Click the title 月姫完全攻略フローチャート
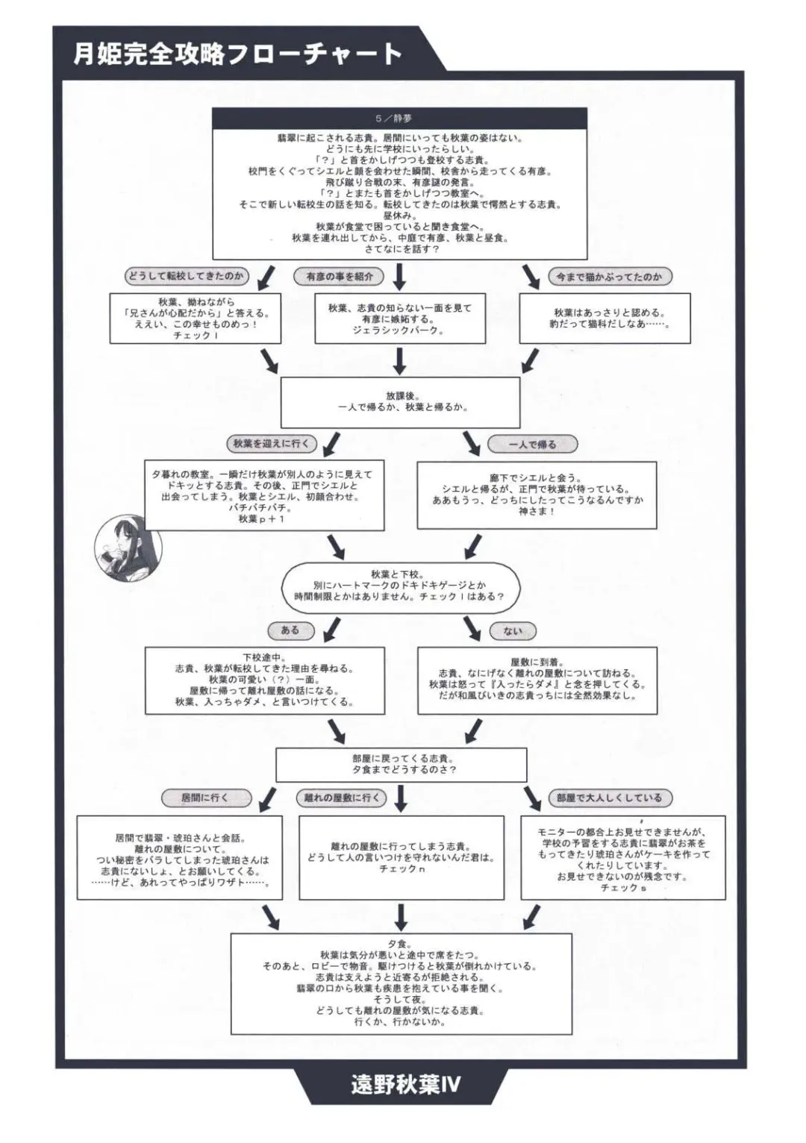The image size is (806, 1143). point(237,54)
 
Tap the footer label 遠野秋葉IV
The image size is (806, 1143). point(405,1084)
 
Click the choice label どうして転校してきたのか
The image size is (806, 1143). point(186,276)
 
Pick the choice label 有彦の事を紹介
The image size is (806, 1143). point(340,277)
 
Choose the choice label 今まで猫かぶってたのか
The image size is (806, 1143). point(609,277)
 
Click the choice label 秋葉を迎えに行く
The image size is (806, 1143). point(271,443)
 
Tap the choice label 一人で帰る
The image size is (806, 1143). point(532,445)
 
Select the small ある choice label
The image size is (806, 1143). point(290,630)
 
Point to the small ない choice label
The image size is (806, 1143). point(513,631)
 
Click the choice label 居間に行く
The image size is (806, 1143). point(204,798)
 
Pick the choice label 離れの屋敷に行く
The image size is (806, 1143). point(342,798)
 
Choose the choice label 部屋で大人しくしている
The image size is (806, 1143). point(609,798)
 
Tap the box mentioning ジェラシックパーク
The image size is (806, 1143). point(399,319)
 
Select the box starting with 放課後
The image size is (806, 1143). point(399,402)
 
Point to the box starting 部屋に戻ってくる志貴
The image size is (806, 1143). point(401,764)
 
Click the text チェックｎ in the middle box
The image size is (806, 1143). point(402,869)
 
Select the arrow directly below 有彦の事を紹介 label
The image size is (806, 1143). point(399,277)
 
